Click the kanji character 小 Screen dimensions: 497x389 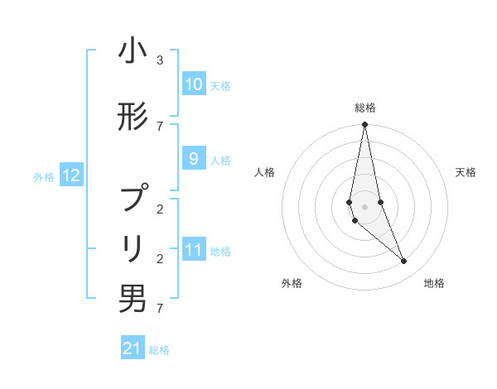click(x=133, y=52)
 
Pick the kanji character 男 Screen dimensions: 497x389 click(x=133, y=299)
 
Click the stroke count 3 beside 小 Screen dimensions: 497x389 click(x=159, y=60)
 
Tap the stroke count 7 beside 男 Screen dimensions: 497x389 click(x=159, y=309)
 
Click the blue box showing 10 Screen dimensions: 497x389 click(x=193, y=84)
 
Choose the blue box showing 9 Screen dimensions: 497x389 click(x=193, y=159)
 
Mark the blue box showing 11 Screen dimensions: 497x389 click(x=193, y=250)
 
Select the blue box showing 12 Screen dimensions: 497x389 click(x=71, y=175)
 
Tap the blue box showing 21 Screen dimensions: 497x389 click(x=133, y=348)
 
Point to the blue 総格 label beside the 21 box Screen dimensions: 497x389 click(x=159, y=350)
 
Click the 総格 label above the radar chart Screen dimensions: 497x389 click(x=364, y=108)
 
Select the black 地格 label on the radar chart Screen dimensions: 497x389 click(x=434, y=283)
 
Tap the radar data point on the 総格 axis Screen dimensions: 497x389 click(x=364, y=125)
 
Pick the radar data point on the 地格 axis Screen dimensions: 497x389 click(x=403, y=262)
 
